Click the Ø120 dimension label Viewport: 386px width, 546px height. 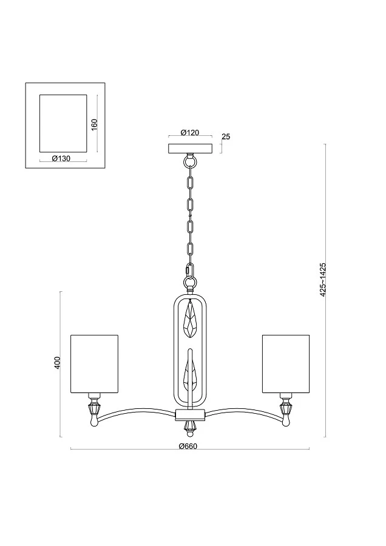tap(190, 133)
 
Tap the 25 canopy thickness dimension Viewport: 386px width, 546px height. tap(226, 136)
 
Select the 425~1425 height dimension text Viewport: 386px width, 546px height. tap(323, 280)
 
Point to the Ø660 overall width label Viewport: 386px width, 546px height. tap(188, 447)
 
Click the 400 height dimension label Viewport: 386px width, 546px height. tap(58, 363)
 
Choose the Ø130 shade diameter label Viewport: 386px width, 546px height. tap(61, 159)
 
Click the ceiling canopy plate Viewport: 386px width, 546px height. tap(190, 149)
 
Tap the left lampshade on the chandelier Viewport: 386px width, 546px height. tap(95, 364)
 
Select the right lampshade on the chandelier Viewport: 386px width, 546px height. tap(286, 364)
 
